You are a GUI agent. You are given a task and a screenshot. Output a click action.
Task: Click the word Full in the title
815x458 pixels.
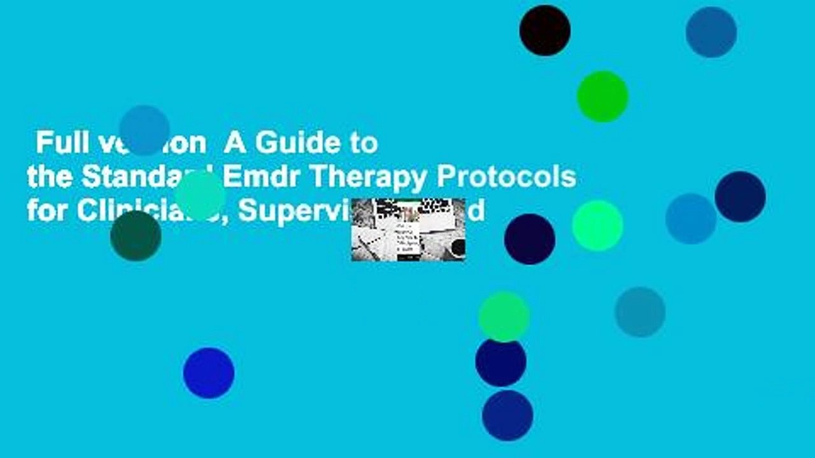click(56, 144)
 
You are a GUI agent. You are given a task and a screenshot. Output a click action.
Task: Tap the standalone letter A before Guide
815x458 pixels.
click(235, 144)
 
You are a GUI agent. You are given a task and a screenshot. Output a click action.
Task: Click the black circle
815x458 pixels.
click(545, 31)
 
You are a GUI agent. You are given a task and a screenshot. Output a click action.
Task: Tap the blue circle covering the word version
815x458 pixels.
click(145, 130)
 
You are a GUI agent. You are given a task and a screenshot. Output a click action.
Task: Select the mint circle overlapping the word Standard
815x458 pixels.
click(200, 195)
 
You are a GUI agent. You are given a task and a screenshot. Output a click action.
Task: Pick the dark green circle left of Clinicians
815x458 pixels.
click(136, 236)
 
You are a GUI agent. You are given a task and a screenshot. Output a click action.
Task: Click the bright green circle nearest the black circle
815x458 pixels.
click(602, 97)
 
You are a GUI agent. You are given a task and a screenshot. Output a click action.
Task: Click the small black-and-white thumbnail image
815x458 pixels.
click(408, 230)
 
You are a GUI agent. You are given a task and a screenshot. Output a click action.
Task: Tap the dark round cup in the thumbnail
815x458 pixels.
click(458, 247)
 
